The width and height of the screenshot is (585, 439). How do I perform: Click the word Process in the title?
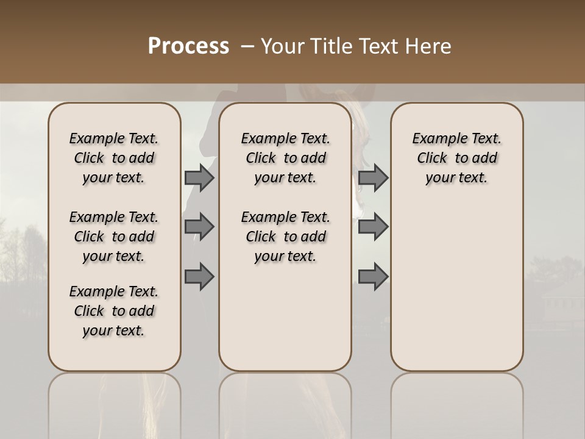click(188, 46)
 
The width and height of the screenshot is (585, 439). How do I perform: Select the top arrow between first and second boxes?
click(199, 177)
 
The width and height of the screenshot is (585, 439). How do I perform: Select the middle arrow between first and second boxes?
click(199, 227)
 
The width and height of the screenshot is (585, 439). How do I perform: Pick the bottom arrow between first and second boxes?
click(199, 277)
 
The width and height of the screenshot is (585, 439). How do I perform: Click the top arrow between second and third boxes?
click(373, 177)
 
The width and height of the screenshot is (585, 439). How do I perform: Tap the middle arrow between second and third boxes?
click(373, 227)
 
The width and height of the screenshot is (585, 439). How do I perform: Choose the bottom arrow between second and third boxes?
click(373, 277)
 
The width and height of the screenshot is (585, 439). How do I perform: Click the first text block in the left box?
click(114, 158)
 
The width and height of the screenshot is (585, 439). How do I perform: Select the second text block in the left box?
click(114, 237)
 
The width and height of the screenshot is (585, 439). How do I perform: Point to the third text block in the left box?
click(114, 311)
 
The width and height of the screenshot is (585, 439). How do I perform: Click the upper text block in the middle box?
click(285, 158)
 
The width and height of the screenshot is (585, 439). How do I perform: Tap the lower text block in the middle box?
click(285, 237)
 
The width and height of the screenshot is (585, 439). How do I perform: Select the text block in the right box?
click(456, 158)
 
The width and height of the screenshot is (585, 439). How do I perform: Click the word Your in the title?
click(282, 46)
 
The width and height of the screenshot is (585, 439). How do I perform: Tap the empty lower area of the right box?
click(456, 293)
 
